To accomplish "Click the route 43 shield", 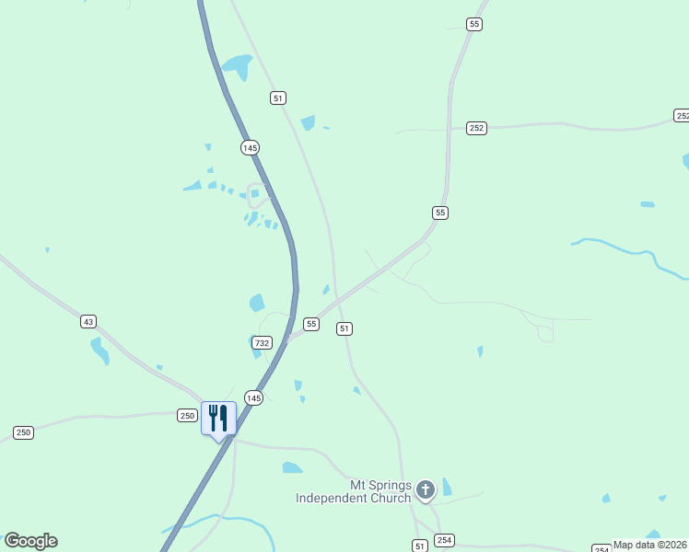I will point(88,321).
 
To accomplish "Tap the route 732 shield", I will point(263,342).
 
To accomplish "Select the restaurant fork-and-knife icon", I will point(218,418).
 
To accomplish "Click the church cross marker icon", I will point(426,489).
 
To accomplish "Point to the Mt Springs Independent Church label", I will point(353,491).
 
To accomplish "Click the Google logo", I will point(30,541).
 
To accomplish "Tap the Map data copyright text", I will point(650,545).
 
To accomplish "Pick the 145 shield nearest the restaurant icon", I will point(254,397).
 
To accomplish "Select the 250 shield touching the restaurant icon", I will point(187,415).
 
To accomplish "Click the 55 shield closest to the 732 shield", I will point(311,324).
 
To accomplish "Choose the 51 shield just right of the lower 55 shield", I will point(344,328).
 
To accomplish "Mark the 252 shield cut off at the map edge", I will point(682,115).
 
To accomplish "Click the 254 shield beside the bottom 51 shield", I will point(445,540).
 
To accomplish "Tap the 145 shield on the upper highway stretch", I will point(250,147).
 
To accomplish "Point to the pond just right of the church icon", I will point(447,487).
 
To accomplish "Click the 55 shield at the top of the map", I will point(473,24).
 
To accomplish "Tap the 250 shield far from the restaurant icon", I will point(23,432).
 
